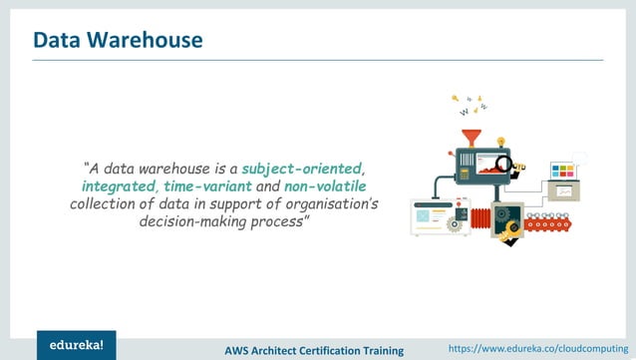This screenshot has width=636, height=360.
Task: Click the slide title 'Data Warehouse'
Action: click(118, 40)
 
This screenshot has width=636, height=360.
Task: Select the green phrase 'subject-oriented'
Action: click(302, 168)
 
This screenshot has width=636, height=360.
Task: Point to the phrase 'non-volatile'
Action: click(325, 186)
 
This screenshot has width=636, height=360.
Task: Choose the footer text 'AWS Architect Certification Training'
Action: click(314, 350)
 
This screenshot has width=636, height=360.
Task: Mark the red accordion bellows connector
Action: click(480, 216)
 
